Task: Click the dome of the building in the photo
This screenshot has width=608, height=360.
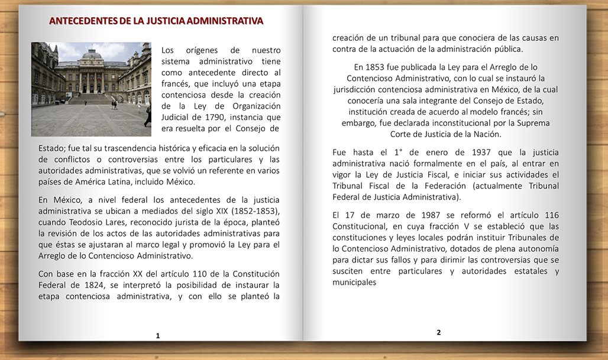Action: (91, 54)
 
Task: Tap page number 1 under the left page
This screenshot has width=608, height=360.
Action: (158, 336)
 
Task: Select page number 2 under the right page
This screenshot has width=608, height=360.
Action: (439, 332)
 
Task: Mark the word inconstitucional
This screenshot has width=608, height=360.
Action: (445, 123)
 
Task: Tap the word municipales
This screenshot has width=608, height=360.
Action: (354, 283)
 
